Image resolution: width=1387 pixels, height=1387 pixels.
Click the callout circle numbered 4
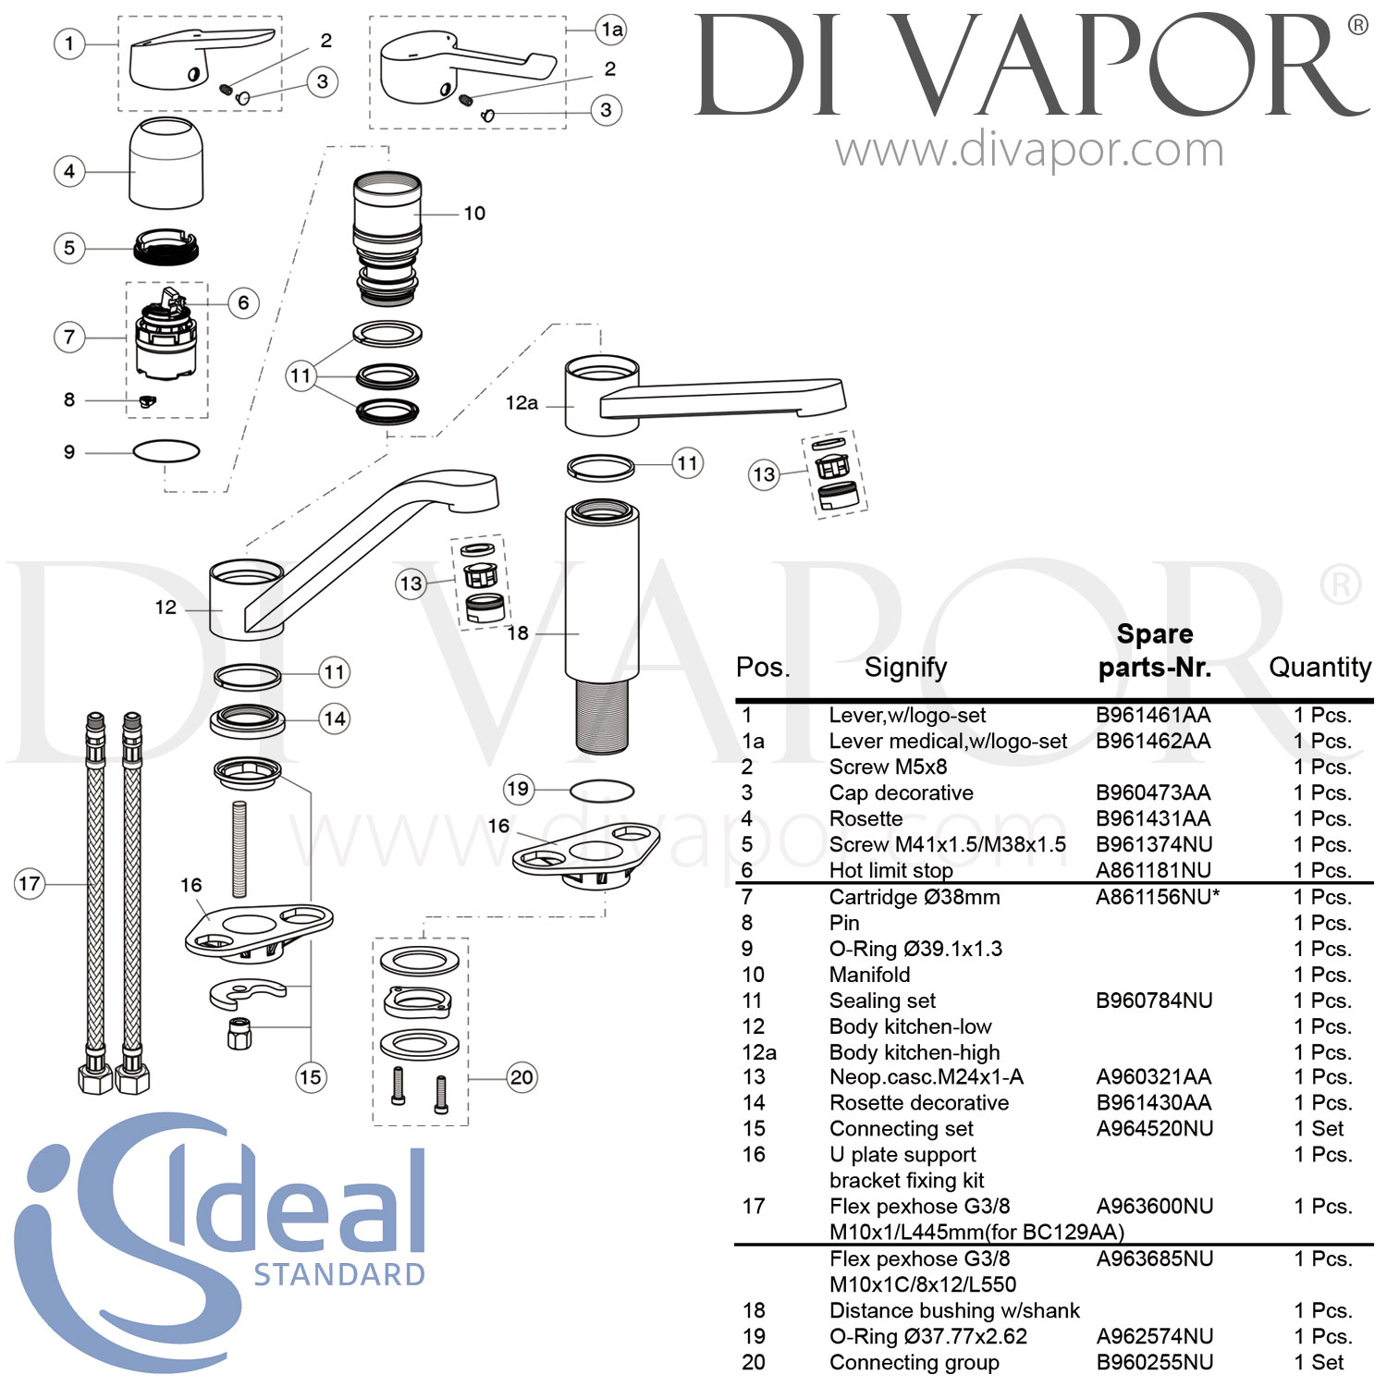coord(69,171)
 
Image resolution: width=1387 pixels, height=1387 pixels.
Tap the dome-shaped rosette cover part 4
coord(166,163)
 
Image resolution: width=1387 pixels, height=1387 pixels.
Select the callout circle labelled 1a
coord(611,30)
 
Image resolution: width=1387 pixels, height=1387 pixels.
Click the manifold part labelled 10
coord(387,239)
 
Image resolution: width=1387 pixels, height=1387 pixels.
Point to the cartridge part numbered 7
coord(166,338)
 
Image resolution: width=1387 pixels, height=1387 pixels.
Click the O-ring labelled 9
coord(166,451)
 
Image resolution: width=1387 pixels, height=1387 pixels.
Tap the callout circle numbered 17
coord(30,884)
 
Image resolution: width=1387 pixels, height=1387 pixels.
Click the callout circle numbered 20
coord(522,1077)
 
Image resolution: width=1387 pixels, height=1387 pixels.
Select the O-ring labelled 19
coord(602,792)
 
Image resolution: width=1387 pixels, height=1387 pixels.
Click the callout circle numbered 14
coord(335,718)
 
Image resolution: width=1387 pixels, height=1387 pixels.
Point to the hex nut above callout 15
coord(239,1033)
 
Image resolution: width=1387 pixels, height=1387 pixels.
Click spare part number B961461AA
coord(1153,715)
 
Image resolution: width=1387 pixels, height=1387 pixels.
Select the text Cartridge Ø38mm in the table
coord(914,897)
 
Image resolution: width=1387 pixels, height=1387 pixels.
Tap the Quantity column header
coord(1319,667)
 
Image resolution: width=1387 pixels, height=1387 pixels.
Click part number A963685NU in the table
coord(1155,1258)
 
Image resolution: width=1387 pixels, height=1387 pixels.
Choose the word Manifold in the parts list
coord(869,975)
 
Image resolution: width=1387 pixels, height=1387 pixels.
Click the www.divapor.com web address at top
coord(1029,151)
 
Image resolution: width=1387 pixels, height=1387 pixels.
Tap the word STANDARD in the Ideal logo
coord(339,1275)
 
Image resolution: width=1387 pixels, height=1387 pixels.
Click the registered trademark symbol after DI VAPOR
coord(1357,25)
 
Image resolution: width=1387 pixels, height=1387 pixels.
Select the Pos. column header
coord(763,668)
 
